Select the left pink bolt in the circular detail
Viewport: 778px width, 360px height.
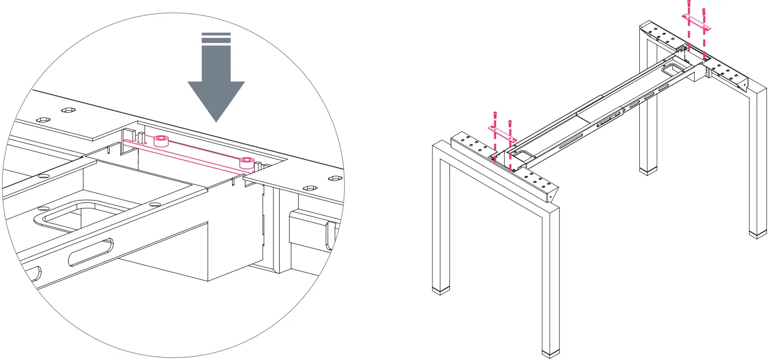tap(161, 140)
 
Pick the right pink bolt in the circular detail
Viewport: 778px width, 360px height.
tap(247, 163)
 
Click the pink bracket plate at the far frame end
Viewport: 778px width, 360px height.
tap(696, 22)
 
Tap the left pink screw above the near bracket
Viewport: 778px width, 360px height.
tap(495, 115)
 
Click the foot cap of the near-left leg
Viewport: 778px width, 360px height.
tap(441, 291)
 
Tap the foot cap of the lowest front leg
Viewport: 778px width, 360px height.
tap(551, 353)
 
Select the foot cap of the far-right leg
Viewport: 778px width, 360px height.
tap(758, 234)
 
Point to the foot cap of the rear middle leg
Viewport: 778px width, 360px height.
tap(648, 171)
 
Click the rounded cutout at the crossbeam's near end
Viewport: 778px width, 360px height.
tap(523, 155)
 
